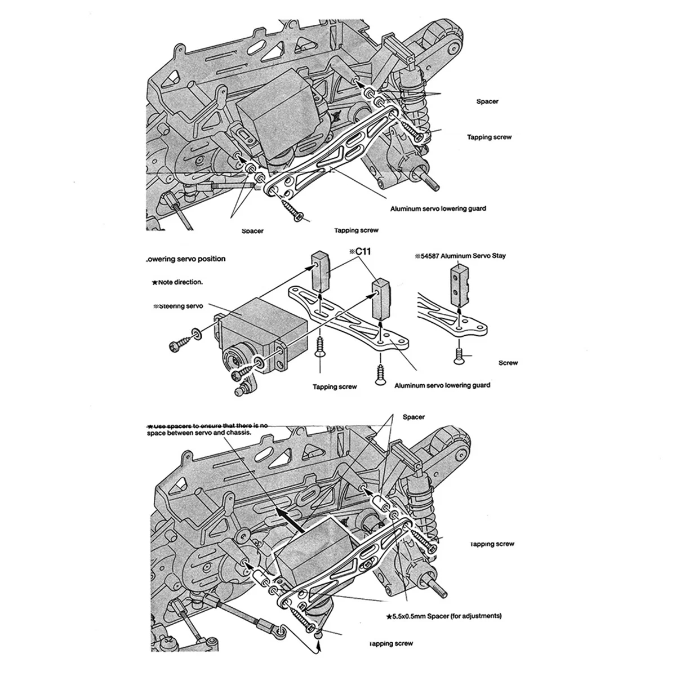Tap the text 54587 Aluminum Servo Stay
tap(460, 256)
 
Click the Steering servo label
tap(178, 306)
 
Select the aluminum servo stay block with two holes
tap(460, 284)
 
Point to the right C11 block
tap(381, 297)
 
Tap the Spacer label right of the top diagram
tap(486, 101)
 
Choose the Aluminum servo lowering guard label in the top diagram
tap(438, 208)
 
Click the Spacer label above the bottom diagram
tap(413, 417)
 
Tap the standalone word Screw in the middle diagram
tap(508, 363)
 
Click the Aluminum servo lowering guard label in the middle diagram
tap(442, 385)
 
